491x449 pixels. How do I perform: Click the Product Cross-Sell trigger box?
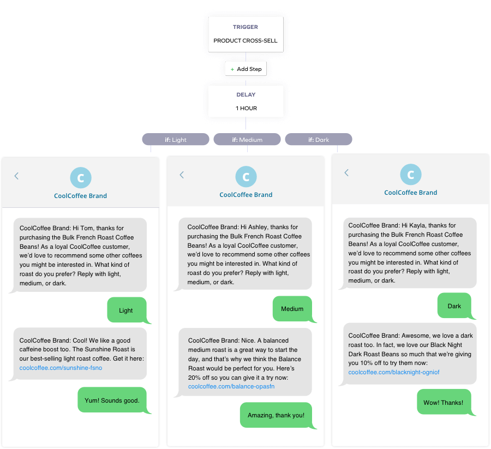pyautogui.click(x=245, y=34)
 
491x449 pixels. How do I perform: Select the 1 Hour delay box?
pyautogui.click(x=245, y=101)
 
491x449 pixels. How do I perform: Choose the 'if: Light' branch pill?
pyautogui.click(x=176, y=140)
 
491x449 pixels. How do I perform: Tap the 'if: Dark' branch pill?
pyautogui.click(x=318, y=140)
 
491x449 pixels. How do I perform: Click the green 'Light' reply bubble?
pyautogui.click(x=126, y=310)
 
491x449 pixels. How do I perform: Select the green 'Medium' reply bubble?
pyautogui.click(x=292, y=309)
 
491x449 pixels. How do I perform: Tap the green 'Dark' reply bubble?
pyautogui.click(x=454, y=306)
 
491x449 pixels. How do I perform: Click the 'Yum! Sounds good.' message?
pyautogui.click(x=112, y=400)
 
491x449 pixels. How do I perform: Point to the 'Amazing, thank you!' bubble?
pyautogui.click(x=276, y=415)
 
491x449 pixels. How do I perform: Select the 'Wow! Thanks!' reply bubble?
pyautogui.click(x=443, y=403)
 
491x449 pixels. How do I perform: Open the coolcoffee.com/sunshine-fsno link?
pyautogui.click(x=61, y=368)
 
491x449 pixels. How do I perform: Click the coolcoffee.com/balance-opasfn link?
pyautogui.click(x=231, y=386)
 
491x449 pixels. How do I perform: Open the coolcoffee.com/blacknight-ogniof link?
pyautogui.click(x=393, y=372)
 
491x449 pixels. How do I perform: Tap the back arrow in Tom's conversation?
pyautogui.click(x=16, y=176)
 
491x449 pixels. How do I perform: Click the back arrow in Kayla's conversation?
pyautogui.click(x=346, y=173)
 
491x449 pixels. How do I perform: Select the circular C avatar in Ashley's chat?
pyautogui.click(x=245, y=177)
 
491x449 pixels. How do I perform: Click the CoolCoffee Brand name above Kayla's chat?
pyautogui.click(x=410, y=193)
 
